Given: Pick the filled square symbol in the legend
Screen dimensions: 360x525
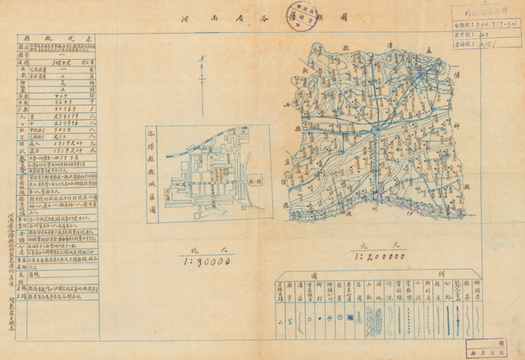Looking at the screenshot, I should (352, 315).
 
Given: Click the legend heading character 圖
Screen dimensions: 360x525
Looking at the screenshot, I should (337, 277).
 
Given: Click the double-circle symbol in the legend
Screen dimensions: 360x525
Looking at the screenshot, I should (339, 315).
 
